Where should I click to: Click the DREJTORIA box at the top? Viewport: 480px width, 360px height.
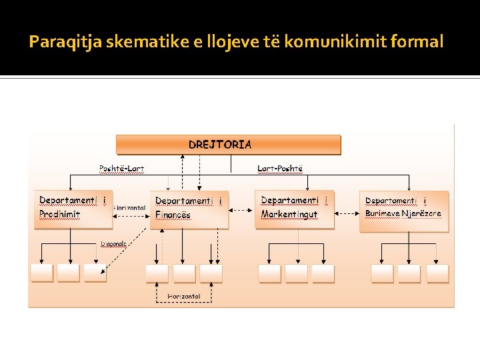pyautogui.click(x=229, y=145)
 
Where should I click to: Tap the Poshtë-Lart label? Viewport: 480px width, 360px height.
pyautogui.click(x=122, y=169)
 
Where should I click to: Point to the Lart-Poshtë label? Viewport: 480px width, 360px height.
pyautogui.click(x=280, y=169)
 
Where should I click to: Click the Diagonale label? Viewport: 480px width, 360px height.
pyautogui.click(x=113, y=244)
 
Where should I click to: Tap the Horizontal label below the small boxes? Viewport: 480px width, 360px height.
pyautogui.click(x=184, y=296)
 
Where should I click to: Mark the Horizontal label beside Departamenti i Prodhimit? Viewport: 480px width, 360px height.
pyautogui.click(x=130, y=208)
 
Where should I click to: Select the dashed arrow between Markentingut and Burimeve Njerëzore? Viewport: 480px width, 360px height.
pyautogui.click(x=347, y=214)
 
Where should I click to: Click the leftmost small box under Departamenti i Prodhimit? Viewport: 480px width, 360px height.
pyautogui.click(x=41, y=273)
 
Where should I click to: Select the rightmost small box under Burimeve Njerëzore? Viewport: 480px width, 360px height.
pyautogui.click(x=436, y=273)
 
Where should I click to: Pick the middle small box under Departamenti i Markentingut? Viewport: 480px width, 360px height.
pyautogui.click(x=297, y=273)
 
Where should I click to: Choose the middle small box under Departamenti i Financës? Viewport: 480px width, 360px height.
pyautogui.click(x=184, y=273)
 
